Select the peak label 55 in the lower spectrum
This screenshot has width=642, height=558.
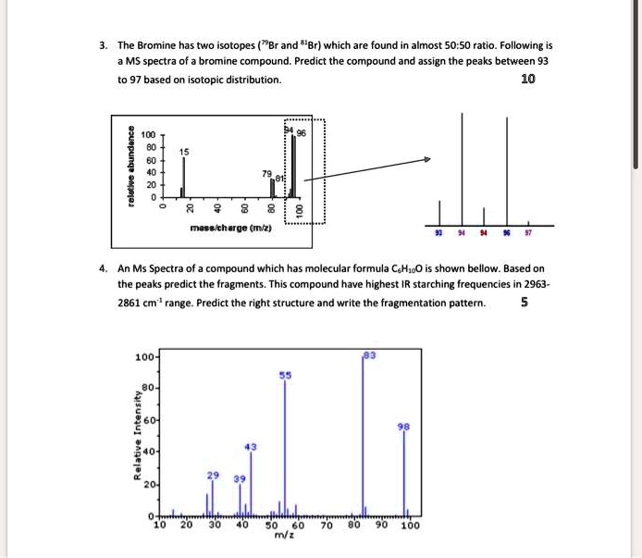tap(285, 376)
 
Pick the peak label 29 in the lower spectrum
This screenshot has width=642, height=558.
tap(212, 474)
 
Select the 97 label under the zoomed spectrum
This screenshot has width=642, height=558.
tap(527, 235)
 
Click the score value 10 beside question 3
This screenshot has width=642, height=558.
tap(527, 80)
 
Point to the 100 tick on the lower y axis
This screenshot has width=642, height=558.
tap(143, 356)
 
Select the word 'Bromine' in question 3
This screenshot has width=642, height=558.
tap(163, 45)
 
